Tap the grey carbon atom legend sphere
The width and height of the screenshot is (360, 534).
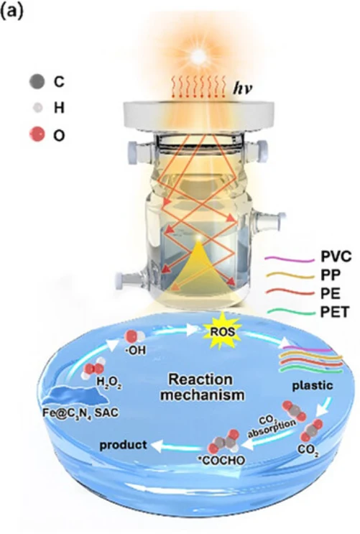click(x=37, y=81)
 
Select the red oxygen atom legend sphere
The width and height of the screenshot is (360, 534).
click(x=37, y=134)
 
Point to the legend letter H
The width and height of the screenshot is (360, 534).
click(x=59, y=108)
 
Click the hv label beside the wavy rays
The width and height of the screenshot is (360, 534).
click(x=243, y=88)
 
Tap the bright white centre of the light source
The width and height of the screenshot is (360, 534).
click(x=198, y=55)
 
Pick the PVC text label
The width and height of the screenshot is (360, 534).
click(x=336, y=257)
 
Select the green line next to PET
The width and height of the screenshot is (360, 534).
click(x=290, y=312)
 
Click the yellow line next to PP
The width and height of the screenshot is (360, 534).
click(x=290, y=275)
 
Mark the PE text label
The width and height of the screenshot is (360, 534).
click(x=331, y=293)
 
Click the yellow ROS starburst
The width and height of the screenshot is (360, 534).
click(x=222, y=331)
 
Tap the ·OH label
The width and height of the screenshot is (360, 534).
click(x=136, y=351)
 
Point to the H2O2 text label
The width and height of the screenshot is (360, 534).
click(x=109, y=382)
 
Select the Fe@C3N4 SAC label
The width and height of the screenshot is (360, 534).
click(x=80, y=413)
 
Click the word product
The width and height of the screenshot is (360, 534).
click(x=124, y=445)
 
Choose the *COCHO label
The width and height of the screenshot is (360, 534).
click(x=222, y=461)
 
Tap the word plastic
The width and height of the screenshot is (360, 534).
click(x=313, y=385)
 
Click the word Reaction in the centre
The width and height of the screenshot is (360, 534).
click(x=201, y=379)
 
